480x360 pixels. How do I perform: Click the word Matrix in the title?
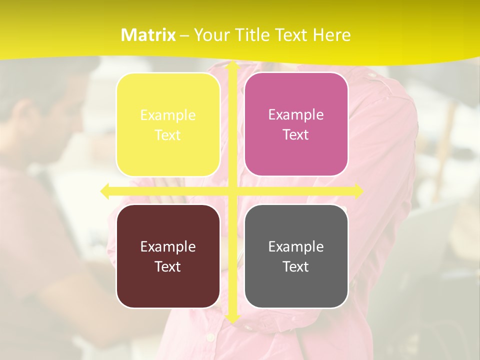pos(148,35)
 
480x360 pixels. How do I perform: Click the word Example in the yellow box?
pos(168,115)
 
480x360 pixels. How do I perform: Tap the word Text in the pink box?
pos(296,135)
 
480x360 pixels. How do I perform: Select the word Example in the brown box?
pos(168,246)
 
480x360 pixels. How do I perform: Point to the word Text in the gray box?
pos(296,266)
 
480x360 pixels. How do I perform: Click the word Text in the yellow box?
pos(168,135)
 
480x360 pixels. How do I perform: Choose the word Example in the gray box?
pos(296,246)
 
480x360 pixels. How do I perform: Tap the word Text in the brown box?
pos(168,266)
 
